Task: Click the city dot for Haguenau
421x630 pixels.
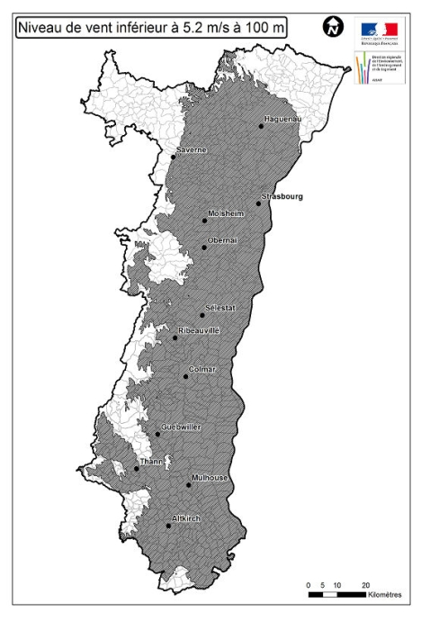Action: (261, 126)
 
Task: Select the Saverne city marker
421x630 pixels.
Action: (174, 157)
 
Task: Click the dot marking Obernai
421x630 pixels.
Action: (204, 247)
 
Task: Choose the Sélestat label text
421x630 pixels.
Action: (220, 308)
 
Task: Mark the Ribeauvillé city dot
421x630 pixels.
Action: (175, 338)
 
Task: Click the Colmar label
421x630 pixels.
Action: (202, 369)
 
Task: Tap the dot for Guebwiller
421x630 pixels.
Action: (157, 434)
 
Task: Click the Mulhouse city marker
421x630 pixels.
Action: (189, 485)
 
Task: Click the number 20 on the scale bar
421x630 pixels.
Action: (366, 585)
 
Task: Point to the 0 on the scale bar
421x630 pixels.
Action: (309, 585)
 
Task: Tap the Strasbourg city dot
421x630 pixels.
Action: (258, 203)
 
